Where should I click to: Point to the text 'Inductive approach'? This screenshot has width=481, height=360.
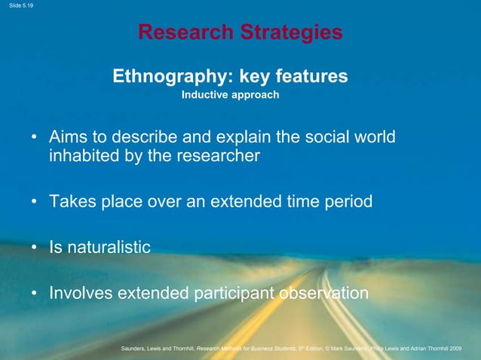(x=230, y=96)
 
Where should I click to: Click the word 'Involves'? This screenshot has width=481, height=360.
(x=79, y=292)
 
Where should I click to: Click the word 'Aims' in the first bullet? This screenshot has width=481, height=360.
(x=68, y=139)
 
